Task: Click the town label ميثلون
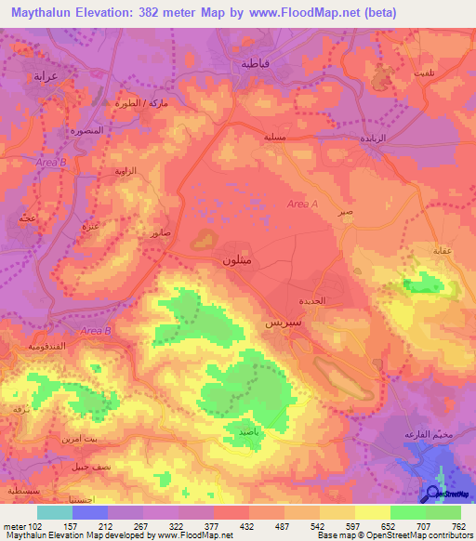(x=236, y=262)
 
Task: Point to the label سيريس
(x=283, y=326)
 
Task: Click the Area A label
(x=302, y=205)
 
